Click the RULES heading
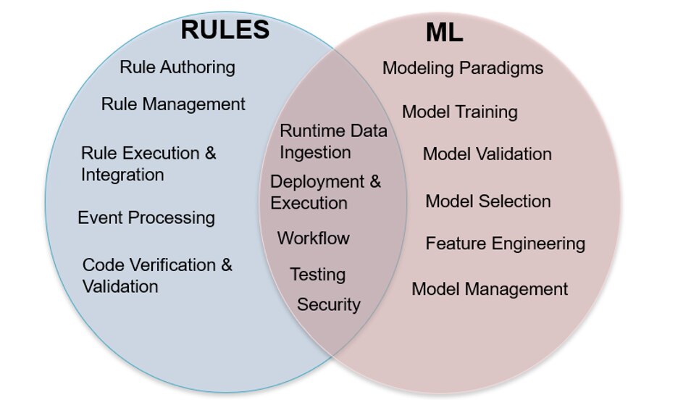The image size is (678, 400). point(225,30)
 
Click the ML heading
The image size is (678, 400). point(444,33)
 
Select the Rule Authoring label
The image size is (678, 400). point(177,67)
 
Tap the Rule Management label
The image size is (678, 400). point(173,104)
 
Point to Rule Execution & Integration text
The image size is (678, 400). point(148,164)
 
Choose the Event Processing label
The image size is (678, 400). point(146,217)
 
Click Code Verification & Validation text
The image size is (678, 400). point(156,275)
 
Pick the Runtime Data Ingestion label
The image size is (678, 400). point(333,141)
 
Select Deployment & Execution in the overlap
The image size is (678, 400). point(325,192)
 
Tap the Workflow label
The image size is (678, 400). point(313,238)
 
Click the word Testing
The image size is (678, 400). point(317,275)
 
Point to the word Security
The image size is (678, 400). point(328,304)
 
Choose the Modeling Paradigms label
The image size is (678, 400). point(463,68)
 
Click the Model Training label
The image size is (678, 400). point(459,112)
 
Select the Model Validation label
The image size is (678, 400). point(487,154)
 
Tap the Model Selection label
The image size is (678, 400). point(487,201)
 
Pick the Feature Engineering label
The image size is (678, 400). point(505,243)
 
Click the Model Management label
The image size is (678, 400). point(490,289)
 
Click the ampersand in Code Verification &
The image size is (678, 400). point(226,265)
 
